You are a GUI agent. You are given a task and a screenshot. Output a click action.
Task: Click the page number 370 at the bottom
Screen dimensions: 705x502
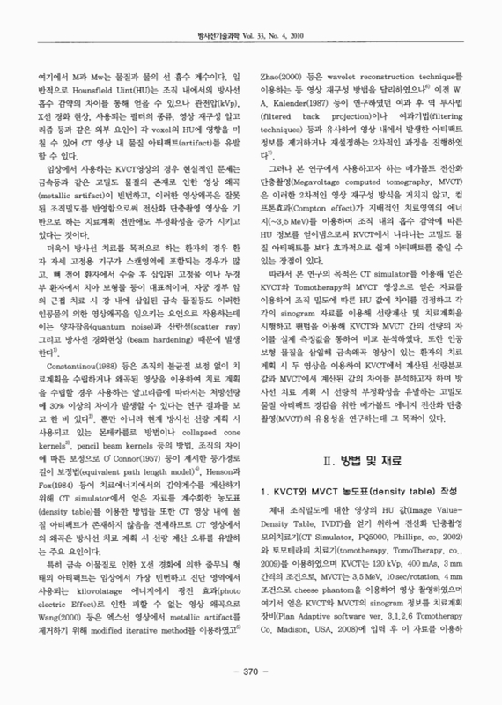(x=250, y=672)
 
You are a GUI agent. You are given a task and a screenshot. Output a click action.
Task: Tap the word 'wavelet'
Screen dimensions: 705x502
(x=358, y=78)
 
